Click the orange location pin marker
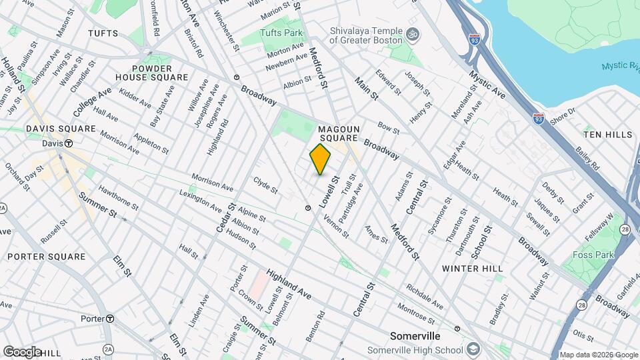[320, 159]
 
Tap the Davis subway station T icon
[68, 143]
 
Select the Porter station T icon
[109, 319]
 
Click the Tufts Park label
[281, 32]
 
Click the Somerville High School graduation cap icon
[472, 349]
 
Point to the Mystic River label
[621, 66]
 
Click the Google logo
[22, 351]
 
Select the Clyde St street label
[266, 185]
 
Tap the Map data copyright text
[598, 355]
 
